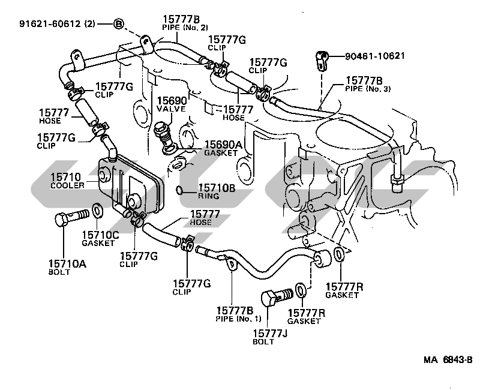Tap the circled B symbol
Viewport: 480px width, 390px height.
119,24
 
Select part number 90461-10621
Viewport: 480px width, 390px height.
376,57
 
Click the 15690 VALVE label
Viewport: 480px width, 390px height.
172,104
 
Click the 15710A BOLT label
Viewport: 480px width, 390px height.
64,267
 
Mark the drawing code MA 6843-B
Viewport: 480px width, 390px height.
448,359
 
